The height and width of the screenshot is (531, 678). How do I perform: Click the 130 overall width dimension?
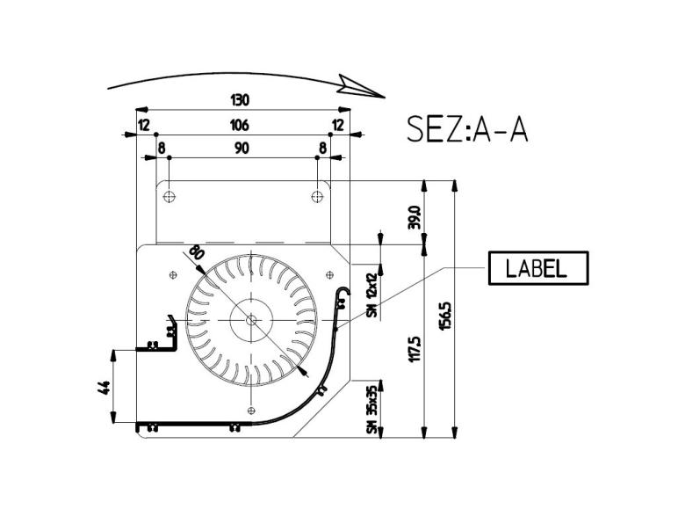pyautogui.click(x=239, y=100)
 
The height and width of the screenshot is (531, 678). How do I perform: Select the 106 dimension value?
pyautogui.click(x=239, y=125)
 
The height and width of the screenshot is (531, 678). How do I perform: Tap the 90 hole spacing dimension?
pyautogui.click(x=242, y=149)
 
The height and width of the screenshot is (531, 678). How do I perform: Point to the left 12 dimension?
pyautogui.click(x=143, y=125)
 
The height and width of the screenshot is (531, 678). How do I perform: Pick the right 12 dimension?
pyautogui.click(x=338, y=125)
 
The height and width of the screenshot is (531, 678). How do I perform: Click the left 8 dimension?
pyautogui.click(x=162, y=149)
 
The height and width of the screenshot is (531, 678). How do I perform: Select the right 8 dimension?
pyautogui.click(x=323, y=149)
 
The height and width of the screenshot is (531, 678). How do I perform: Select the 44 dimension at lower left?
pyautogui.click(x=105, y=387)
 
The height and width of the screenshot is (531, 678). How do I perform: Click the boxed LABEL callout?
pyautogui.click(x=537, y=268)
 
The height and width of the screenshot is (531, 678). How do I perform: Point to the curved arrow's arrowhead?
pyautogui.click(x=362, y=86)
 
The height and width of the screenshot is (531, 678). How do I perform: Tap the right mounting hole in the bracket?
pyautogui.click(x=317, y=195)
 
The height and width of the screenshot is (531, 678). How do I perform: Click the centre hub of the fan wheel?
pyautogui.click(x=252, y=320)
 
